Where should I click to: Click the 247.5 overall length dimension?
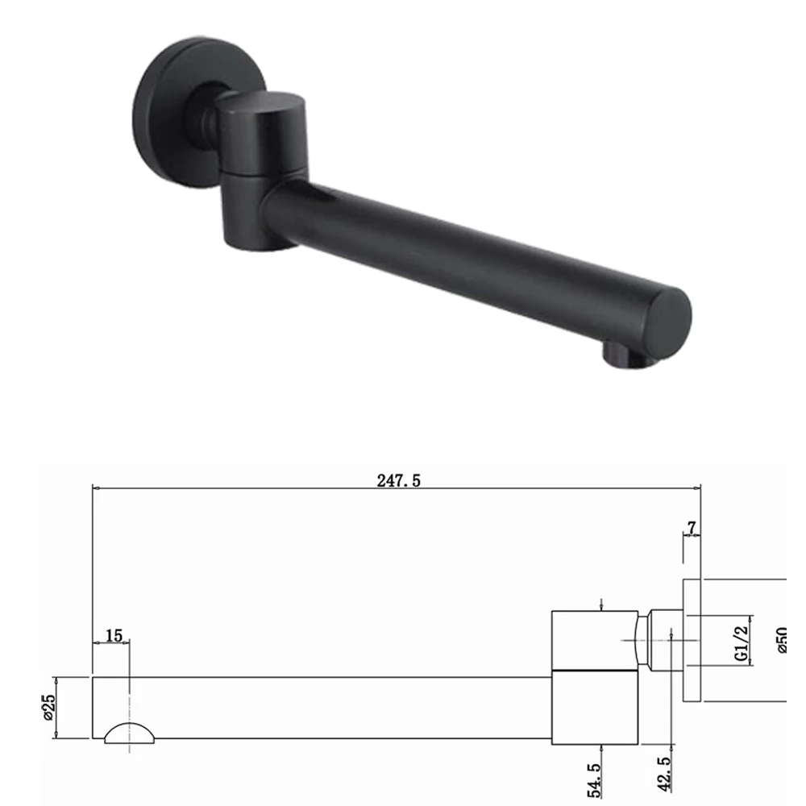pyautogui.click(x=398, y=480)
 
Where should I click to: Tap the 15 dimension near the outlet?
pyautogui.click(x=114, y=636)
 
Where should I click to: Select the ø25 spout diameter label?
pyautogui.click(x=49, y=708)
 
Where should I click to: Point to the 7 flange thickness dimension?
pyautogui.click(x=692, y=527)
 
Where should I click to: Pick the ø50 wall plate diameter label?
pyautogui.click(x=782, y=640)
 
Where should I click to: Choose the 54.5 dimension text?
pyautogui.click(x=594, y=780)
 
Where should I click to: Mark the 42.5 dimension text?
pyautogui.click(x=664, y=774)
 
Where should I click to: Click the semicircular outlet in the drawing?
pyautogui.click(x=129, y=733)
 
